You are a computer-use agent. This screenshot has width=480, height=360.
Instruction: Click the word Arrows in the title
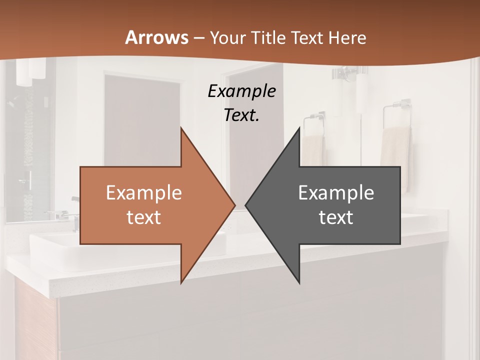156,37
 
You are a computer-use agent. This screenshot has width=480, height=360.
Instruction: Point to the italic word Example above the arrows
241,91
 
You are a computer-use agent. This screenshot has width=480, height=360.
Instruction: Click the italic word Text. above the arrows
241,115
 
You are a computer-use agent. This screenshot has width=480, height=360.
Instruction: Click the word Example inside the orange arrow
143,193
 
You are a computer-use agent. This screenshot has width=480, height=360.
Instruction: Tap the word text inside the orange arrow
143,217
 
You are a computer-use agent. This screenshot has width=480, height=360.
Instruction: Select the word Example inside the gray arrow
336,193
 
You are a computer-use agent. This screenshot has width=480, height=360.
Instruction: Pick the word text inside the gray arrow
336,217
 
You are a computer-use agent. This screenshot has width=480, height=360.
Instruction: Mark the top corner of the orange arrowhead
181,128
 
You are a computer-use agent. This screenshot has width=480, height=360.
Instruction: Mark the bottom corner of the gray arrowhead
299,282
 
